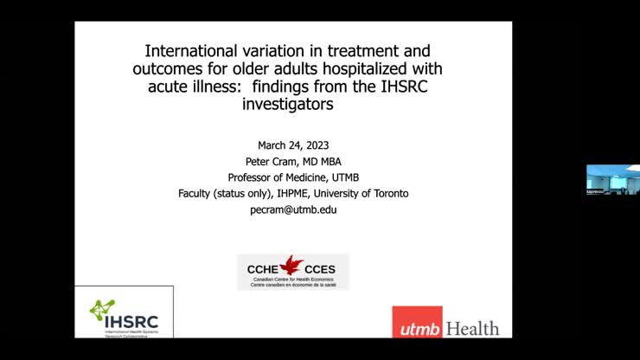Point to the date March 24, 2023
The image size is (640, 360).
click(292, 145)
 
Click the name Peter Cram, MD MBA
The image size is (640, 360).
click(292, 161)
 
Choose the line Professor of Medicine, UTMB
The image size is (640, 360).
click(292, 177)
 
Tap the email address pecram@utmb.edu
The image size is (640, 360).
click(292, 209)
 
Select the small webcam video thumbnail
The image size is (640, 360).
click(612, 179)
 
